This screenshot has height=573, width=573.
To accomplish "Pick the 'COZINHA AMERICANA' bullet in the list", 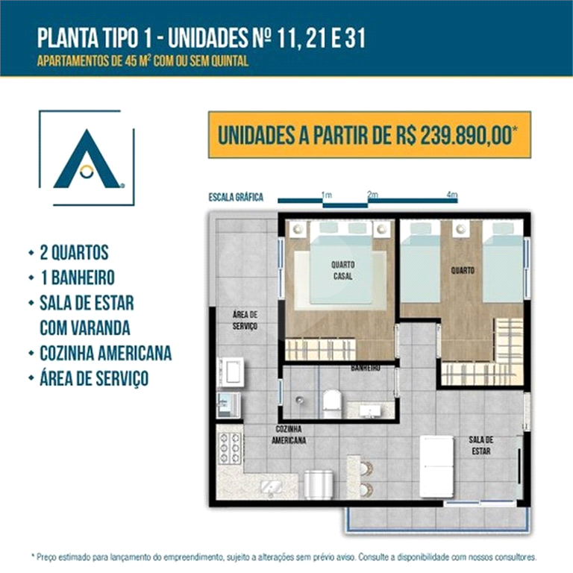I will tap(105, 352).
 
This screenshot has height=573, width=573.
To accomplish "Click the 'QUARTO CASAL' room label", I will tap(343, 270).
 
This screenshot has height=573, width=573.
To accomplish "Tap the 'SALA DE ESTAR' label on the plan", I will tap(481, 445).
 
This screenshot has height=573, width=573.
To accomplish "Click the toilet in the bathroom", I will tap(332, 404).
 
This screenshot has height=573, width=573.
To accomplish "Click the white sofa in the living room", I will tap(436, 466).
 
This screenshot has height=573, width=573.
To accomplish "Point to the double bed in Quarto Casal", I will tap(341, 265).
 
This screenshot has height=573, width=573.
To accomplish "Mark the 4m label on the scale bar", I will tap(451, 195).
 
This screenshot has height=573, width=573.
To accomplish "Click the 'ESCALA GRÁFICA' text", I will tap(237, 198).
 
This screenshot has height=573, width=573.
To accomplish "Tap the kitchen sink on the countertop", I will tap(271, 488).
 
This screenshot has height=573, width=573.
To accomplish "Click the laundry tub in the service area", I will tap(231, 371).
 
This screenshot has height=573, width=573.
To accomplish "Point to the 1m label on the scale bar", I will tap(326, 195).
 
